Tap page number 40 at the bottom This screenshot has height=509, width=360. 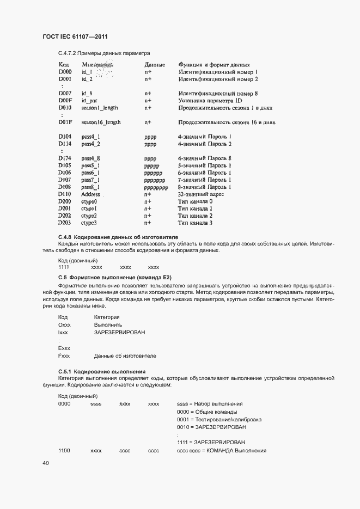45,463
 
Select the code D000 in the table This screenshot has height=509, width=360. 65,72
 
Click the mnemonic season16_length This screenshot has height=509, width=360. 101,122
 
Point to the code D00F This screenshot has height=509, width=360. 65,101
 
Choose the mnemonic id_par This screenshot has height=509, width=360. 89,101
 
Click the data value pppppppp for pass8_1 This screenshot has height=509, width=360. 156,187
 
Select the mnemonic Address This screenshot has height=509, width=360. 90,194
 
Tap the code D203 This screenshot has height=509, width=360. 65,223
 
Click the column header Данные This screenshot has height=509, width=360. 154,65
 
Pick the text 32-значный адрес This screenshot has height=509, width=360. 201,194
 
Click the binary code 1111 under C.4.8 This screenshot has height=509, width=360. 64,267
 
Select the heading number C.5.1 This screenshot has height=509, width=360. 65,371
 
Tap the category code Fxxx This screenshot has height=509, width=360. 64,355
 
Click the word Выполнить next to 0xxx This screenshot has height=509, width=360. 108,324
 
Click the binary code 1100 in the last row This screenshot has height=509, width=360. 64,451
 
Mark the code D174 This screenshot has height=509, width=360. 65,158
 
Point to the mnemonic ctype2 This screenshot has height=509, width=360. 89,216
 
